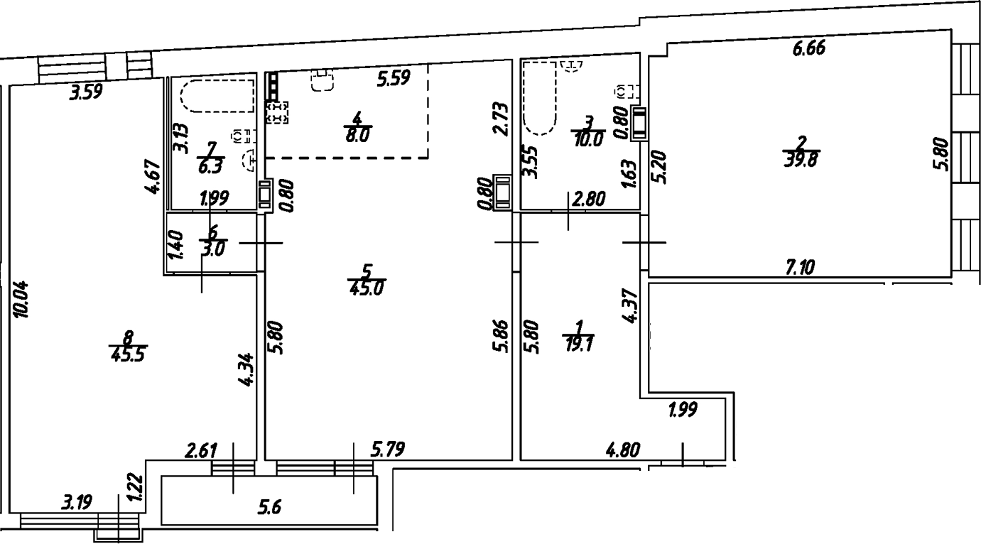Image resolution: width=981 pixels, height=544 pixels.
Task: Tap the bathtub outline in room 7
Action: [218, 96]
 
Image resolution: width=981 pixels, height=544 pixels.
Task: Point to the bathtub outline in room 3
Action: [539, 98]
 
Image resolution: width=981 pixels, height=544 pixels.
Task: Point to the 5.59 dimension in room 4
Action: [393, 79]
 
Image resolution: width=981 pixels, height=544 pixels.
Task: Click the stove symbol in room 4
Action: [278, 112]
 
